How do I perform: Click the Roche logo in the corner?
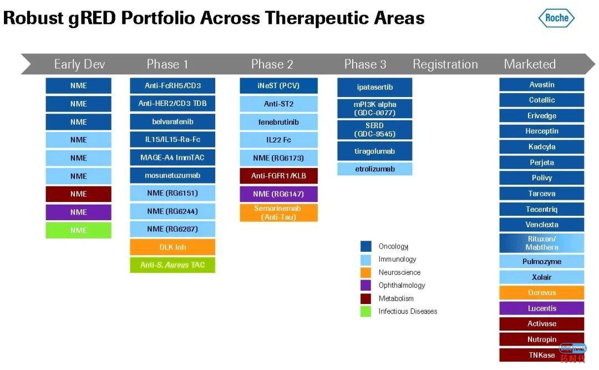pos(556,18)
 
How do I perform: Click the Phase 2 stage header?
pos(272,64)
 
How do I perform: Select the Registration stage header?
pos(445,64)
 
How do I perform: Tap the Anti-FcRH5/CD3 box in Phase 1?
pos(172,86)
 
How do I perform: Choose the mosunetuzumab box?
pos(172,175)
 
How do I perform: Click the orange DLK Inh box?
pos(172,247)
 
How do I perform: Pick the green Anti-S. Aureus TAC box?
pos(172,265)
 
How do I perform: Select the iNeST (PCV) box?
pos(278,86)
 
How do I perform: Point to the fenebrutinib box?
pos(278,122)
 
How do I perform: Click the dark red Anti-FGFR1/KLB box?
pos(278,176)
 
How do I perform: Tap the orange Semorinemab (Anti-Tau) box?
pos(278,212)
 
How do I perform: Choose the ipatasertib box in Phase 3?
pos(375,88)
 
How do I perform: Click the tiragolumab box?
pos(375,151)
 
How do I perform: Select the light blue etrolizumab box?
pos(375,169)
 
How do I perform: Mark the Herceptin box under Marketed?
pos(541,131)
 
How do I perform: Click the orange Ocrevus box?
pos(541,293)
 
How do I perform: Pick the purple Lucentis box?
pos(541,308)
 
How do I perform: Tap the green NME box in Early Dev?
pos(78,230)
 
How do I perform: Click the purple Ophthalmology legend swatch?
pos(366,286)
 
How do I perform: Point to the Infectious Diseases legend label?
pos(408,312)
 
